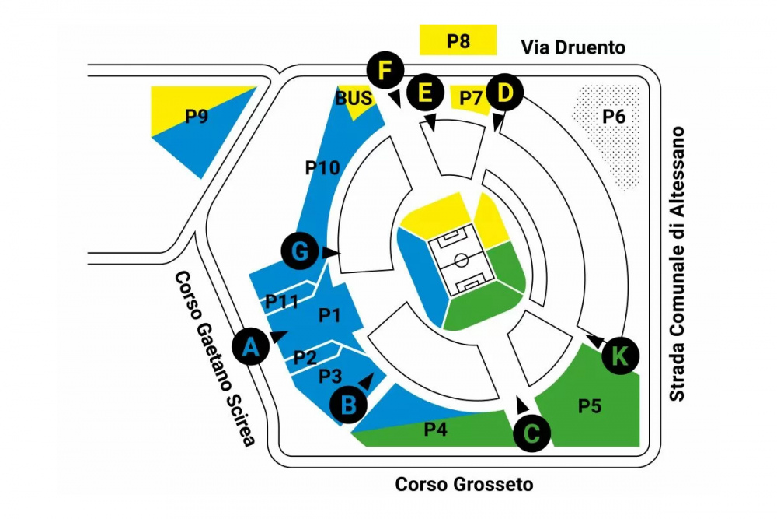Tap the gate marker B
click(x=349, y=404)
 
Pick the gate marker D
click(x=505, y=93)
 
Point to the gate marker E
click(x=425, y=93)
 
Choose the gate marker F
click(x=385, y=71)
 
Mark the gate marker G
click(x=300, y=251)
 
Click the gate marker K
click(x=619, y=356)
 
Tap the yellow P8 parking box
click(x=458, y=40)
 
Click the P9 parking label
click(x=197, y=117)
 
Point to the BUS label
click(x=354, y=99)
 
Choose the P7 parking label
click(x=471, y=98)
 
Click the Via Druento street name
click(x=573, y=47)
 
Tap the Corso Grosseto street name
click(x=465, y=484)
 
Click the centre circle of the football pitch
click(x=461, y=259)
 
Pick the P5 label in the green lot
click(x=591, y=406)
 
